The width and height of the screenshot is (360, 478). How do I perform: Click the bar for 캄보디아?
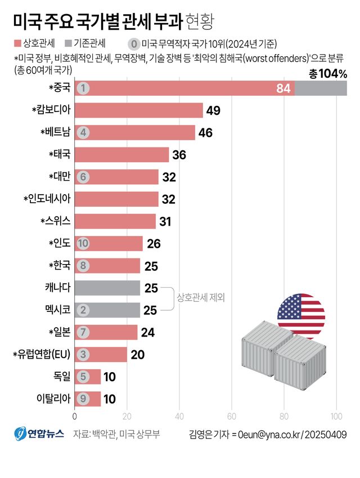point(138,110)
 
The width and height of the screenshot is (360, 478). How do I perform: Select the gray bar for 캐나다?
point(107,288)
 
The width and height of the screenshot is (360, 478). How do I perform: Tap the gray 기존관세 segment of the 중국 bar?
point(321,88)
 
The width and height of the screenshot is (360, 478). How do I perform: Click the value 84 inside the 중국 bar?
point(283,88)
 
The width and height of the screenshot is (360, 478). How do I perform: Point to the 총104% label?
point(328,74)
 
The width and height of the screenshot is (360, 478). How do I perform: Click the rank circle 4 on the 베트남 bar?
point(83,133)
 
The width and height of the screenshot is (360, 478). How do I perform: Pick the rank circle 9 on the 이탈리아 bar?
point(83,399)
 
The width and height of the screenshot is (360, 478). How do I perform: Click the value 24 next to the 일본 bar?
point(147,332)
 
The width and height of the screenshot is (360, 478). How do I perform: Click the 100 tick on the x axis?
point(336,417)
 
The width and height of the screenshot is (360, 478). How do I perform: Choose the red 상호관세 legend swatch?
point(17,43)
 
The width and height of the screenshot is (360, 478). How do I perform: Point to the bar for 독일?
point(88,377)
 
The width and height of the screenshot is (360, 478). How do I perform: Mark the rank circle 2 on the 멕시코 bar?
point(83,310)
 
